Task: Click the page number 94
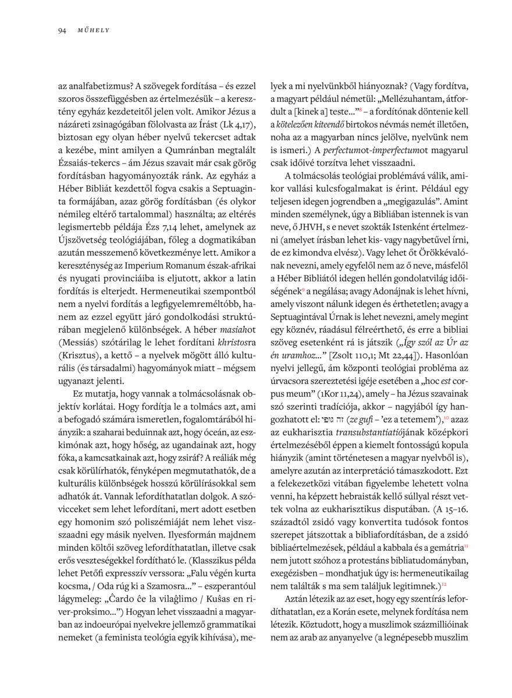click(x=62, y=30)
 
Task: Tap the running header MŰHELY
click(x=94, y=30)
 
